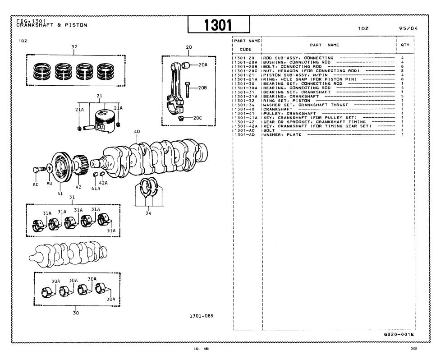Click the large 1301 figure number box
coord(219,24)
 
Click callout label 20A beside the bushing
coord(203,65)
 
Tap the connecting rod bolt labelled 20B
coord(187,89)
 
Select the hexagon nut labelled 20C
coord(180,118)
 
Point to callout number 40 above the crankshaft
coord(137,131)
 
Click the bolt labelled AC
coord(39,170)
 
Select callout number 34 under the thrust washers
coord(148,213)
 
